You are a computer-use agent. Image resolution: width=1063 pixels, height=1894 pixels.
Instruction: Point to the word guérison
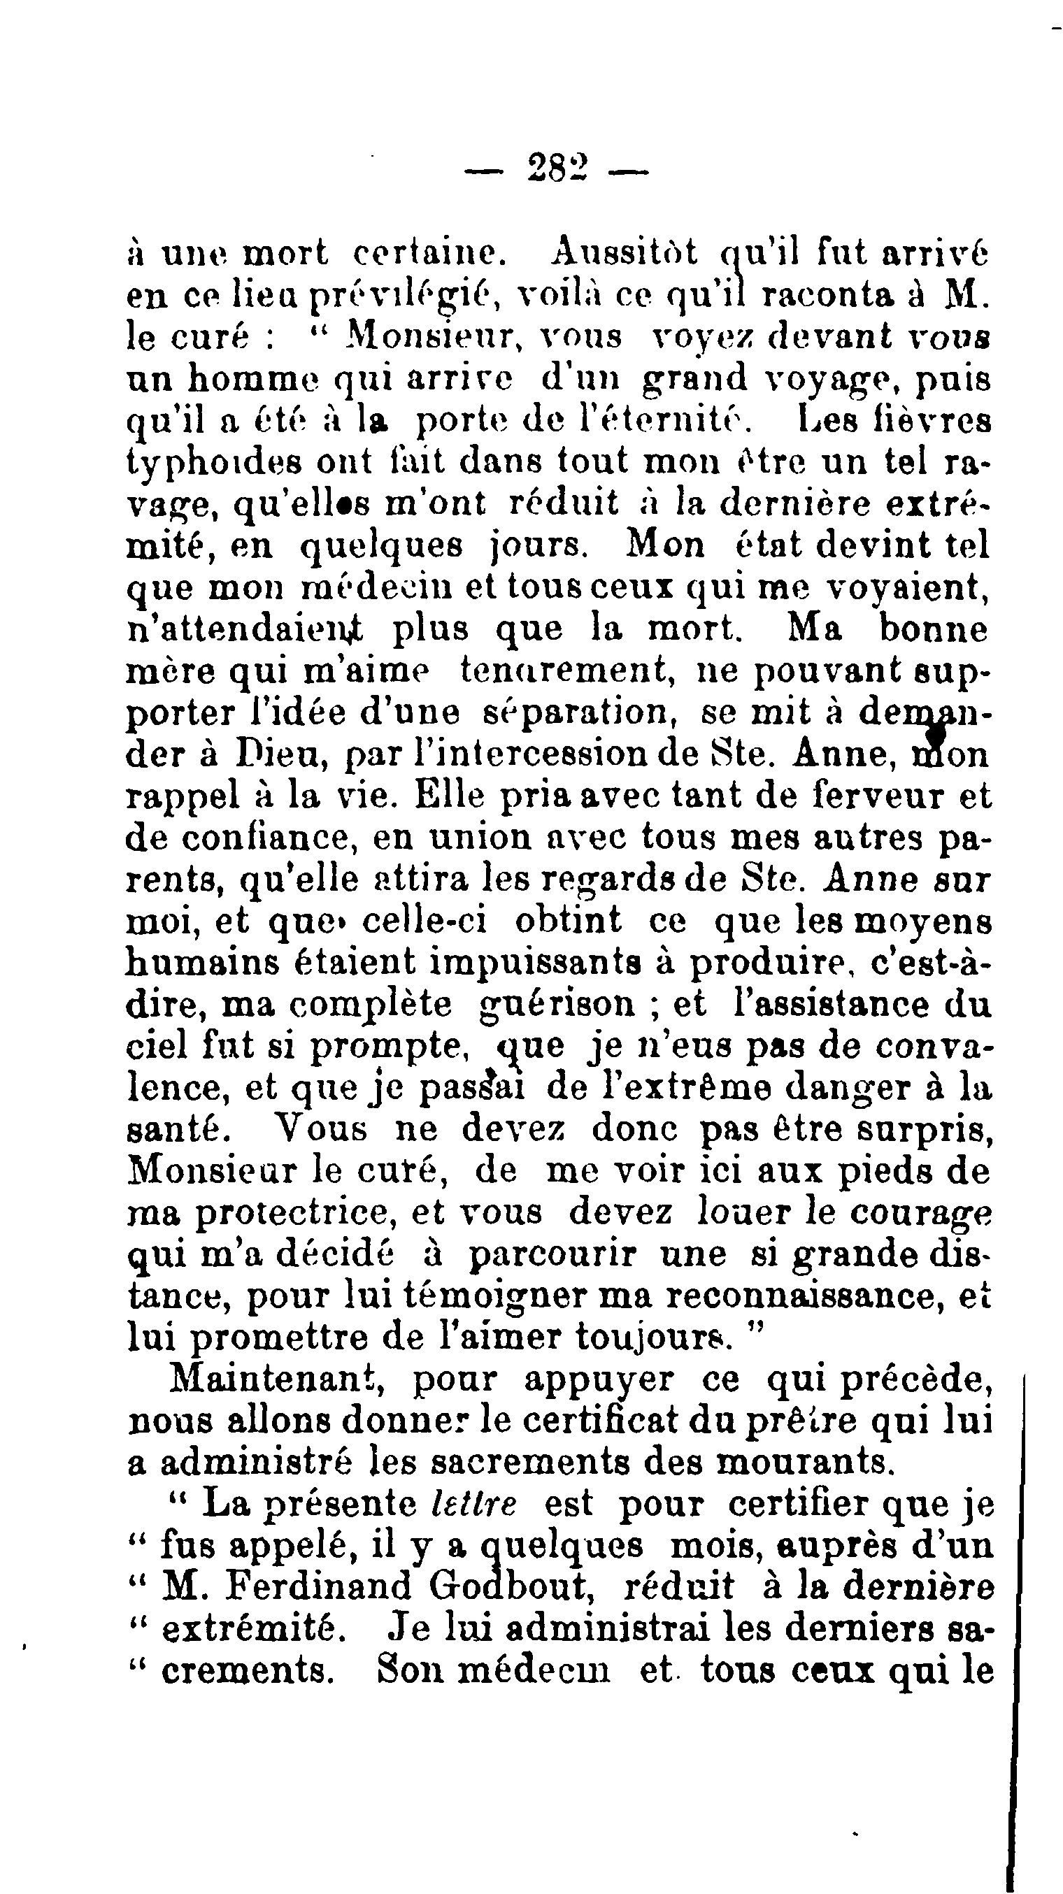(556, 1005)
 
